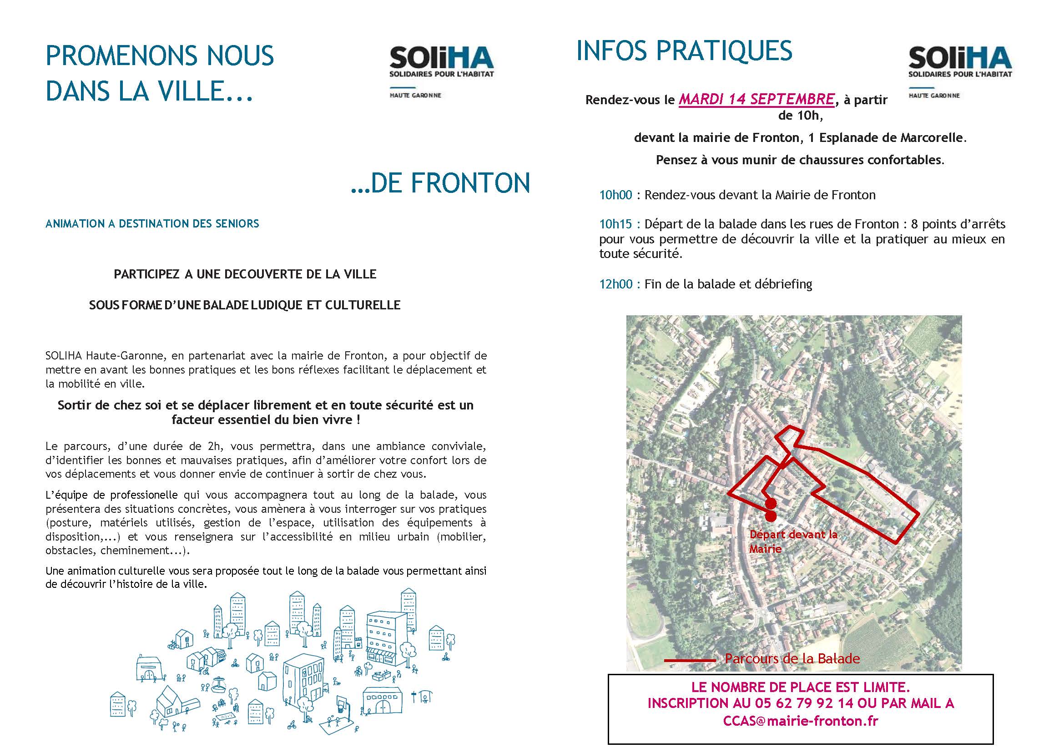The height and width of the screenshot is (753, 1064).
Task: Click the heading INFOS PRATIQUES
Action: [684, 51]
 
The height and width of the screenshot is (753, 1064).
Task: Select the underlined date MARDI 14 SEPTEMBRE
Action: [756, 99]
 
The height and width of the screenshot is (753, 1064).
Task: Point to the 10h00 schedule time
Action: [615, 195]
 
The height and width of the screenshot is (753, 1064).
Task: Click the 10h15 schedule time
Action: [615, 224]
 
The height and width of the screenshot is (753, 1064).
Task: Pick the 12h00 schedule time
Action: [615, 284]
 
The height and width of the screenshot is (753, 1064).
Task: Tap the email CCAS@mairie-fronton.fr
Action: [800, 721]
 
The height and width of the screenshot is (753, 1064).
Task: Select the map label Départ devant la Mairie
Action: [793, 541]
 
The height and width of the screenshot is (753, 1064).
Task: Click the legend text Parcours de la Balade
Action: [792, 658]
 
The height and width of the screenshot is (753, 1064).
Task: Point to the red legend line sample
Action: [690, 660]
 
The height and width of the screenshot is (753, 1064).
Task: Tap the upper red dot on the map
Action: [771, 504]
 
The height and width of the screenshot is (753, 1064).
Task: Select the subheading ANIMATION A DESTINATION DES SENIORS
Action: [152, 224]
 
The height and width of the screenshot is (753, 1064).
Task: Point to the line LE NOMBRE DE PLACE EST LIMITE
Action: [800, 687]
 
